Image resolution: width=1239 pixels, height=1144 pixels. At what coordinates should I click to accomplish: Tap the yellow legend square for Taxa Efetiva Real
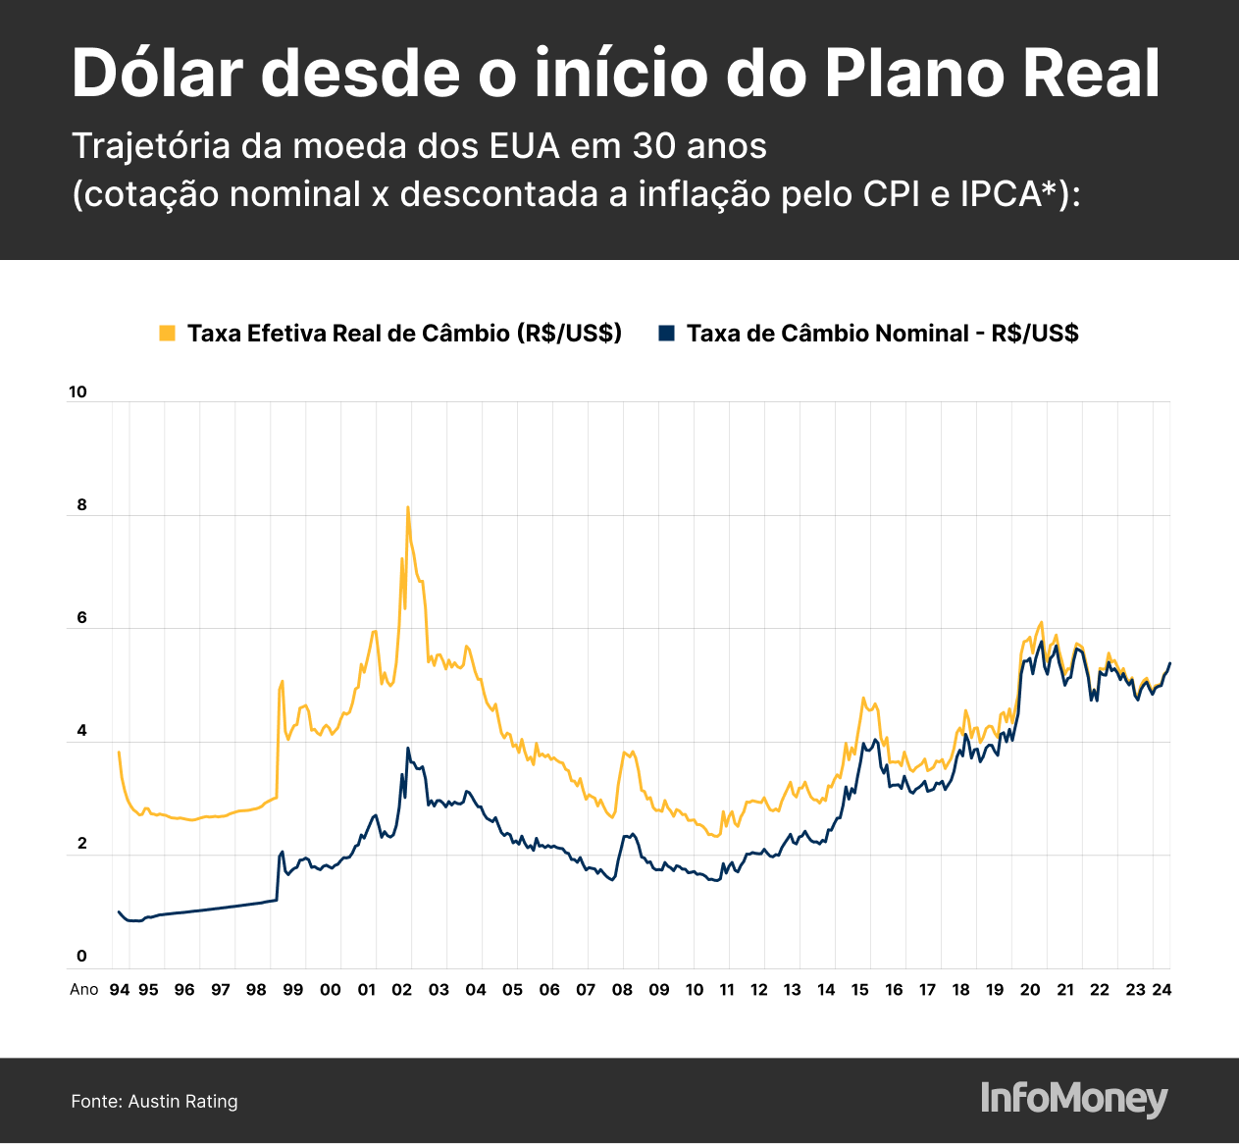[x=167, y=334]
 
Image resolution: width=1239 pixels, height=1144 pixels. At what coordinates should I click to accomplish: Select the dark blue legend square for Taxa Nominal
[x=667, y=334]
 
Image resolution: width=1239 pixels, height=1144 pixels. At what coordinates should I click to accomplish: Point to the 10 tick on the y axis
[x=77, y=392]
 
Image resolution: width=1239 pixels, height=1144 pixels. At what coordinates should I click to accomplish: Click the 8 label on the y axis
[x=82, y=506]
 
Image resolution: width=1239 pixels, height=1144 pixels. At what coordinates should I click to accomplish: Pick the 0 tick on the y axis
[x=82, y=957]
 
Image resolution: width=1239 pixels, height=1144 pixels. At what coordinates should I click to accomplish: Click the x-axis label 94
[x=120, y=989]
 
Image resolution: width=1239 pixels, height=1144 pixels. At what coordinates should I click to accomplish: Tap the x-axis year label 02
[x=402, y=989]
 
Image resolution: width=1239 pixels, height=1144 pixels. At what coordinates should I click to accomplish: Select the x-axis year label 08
[x=622, y=989]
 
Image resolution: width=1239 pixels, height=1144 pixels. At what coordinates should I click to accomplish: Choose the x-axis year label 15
[x=859, y=989]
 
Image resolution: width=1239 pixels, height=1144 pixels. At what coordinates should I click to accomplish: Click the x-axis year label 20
[x=1030, y=989]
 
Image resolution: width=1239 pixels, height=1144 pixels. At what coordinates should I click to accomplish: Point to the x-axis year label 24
[x=1162, y=989]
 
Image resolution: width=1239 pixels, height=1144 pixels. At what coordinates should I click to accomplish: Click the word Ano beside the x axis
[x=84, y=989]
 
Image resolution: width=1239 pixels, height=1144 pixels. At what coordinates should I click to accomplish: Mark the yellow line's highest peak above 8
[x=407, y=507]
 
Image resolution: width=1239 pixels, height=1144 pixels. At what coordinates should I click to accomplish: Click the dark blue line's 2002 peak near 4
[x=408, y=749]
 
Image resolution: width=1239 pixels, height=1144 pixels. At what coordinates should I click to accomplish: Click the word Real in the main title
[x=1090, y=74]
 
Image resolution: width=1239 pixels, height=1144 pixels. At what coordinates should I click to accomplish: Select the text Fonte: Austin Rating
[x=154, y=1101]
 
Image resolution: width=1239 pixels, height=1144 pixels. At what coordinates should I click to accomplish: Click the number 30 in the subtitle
[x=650, y=146]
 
